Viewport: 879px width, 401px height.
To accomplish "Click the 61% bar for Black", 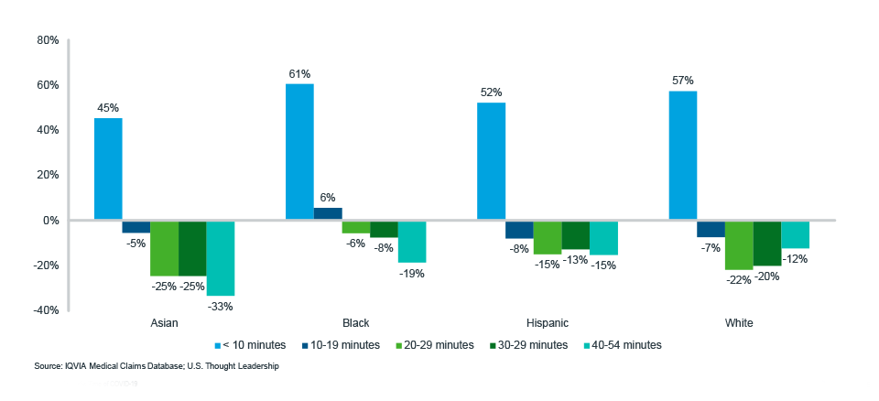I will [x=299, y=152].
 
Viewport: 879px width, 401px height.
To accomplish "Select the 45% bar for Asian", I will [x=108, y=169].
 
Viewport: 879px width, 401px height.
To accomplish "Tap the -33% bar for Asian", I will [x=220, y=258].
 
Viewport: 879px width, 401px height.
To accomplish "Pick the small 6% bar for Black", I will [x=328, y=214].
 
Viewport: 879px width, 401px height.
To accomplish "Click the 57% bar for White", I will [x=683, y=156].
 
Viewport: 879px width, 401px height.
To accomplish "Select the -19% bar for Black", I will [x=412, y=242].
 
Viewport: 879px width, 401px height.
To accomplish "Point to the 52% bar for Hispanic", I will [x=492, y=161].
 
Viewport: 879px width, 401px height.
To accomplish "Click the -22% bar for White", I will [x=739, y=245].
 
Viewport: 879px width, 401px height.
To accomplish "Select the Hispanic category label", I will [x=547, y=324].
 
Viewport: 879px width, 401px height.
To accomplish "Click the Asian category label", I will [x=164, y=324].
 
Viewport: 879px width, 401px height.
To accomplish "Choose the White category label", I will [x=739, y=324].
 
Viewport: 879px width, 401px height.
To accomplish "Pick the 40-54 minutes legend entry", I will [x=622, y=345].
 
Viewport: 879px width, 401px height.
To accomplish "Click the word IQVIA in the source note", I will [x=76, y=366].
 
